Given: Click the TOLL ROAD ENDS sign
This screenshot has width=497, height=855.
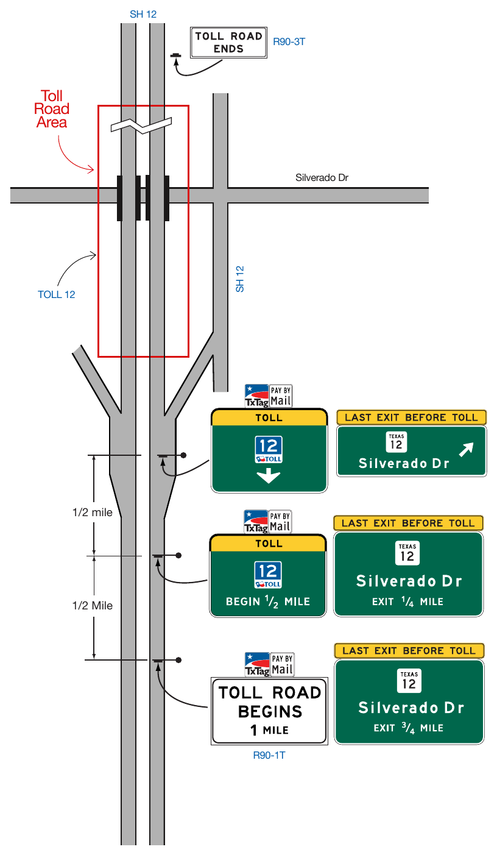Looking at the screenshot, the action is coord(228,43).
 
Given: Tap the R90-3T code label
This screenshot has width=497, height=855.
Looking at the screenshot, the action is coord(289,41).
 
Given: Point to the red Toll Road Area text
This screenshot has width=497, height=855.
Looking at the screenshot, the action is coord(52,109).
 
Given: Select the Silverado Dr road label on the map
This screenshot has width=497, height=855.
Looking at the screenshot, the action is coord(322,177).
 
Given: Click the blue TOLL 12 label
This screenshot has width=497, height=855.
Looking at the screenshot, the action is coord(57,294).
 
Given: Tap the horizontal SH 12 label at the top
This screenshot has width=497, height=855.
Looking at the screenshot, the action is coord(143,14).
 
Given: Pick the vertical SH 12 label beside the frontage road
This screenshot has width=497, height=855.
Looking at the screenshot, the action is coord(239,279).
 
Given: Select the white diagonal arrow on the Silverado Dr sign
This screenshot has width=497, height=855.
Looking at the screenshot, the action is coord(466,449).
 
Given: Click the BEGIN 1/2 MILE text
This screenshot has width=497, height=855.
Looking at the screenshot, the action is coord(268,601).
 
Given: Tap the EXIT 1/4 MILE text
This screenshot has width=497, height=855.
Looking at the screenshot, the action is coord(407,601).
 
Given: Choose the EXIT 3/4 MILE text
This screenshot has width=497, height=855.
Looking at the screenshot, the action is coord(409,728).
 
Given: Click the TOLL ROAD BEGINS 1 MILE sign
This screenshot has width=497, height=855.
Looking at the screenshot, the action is coord(269,711).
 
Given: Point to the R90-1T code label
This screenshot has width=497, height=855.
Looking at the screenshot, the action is coord(269,755).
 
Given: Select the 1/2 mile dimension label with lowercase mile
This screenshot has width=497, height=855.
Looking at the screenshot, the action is coord(93,513).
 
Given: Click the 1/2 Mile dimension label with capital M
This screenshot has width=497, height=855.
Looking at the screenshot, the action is coord(93,605).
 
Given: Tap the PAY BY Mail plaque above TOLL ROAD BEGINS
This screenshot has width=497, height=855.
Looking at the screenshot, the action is coord(282,664).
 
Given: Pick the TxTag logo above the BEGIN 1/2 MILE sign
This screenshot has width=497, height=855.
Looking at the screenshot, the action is coord(256,522).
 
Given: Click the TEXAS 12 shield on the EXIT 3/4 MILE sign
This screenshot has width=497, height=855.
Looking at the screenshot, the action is coord(409,681).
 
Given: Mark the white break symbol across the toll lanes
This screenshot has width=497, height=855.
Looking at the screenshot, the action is coord(141,126).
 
